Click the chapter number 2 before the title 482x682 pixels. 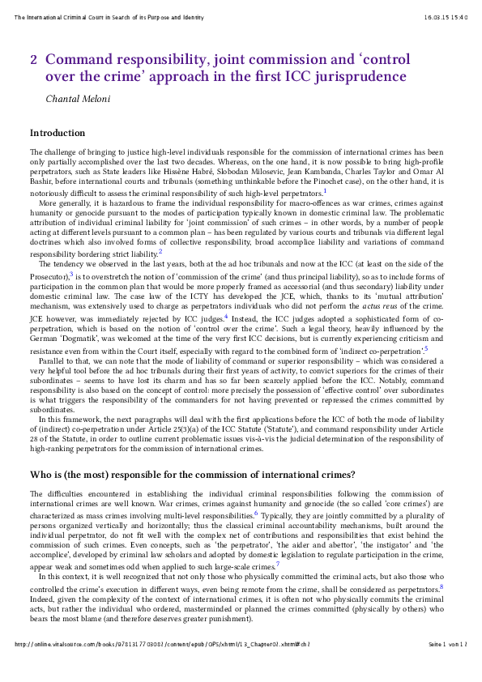[x=34, y=60]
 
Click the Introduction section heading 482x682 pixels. [x=58, y=133]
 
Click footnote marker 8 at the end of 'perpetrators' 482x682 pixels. [x=441, y=586]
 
